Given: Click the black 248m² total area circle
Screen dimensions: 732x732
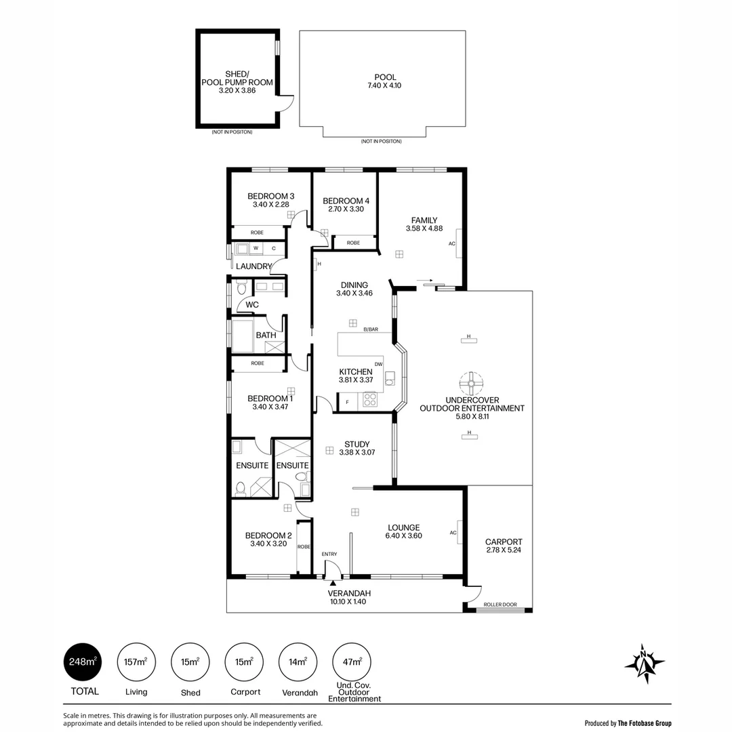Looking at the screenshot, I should click(83, 662).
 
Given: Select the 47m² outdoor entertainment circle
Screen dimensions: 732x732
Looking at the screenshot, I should click(352, 662).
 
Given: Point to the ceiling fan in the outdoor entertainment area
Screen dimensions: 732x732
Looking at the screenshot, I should click(470, 384).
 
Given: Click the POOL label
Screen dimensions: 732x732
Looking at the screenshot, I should click(385, 77).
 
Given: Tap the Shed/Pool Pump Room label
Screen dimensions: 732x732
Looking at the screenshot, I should click(237, 78).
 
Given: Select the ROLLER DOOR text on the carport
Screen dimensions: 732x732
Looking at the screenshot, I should click(500, 605).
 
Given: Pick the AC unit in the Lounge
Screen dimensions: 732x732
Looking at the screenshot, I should click(460, 532).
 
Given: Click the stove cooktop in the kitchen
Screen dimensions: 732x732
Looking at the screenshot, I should click(369, 400).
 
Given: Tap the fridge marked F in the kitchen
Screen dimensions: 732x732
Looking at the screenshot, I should click(348, 403).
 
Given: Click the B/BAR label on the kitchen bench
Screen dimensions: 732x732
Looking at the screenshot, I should click(370, 329).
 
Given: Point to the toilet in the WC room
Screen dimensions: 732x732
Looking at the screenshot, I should click(241, 289).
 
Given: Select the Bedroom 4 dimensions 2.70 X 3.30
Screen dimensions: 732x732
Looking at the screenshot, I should click(346, 209).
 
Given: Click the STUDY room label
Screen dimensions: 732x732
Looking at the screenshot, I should click(357, 445).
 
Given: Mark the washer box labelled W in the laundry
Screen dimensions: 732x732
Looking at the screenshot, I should click(256, 249).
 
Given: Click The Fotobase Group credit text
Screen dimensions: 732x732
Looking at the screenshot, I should click(644, 723).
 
